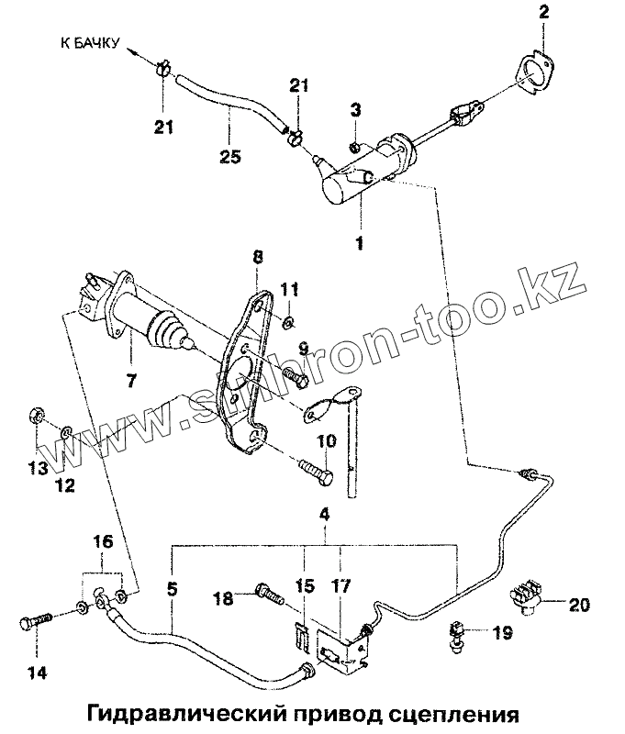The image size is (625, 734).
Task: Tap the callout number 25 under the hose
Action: point(230,157)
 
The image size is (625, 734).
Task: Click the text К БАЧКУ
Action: point(88,43)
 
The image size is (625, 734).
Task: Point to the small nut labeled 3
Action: point(355,147)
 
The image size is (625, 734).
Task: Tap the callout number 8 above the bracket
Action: point(257,260)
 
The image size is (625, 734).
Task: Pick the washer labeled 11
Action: point(287,321)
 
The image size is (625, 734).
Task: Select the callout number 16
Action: point(103,543)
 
